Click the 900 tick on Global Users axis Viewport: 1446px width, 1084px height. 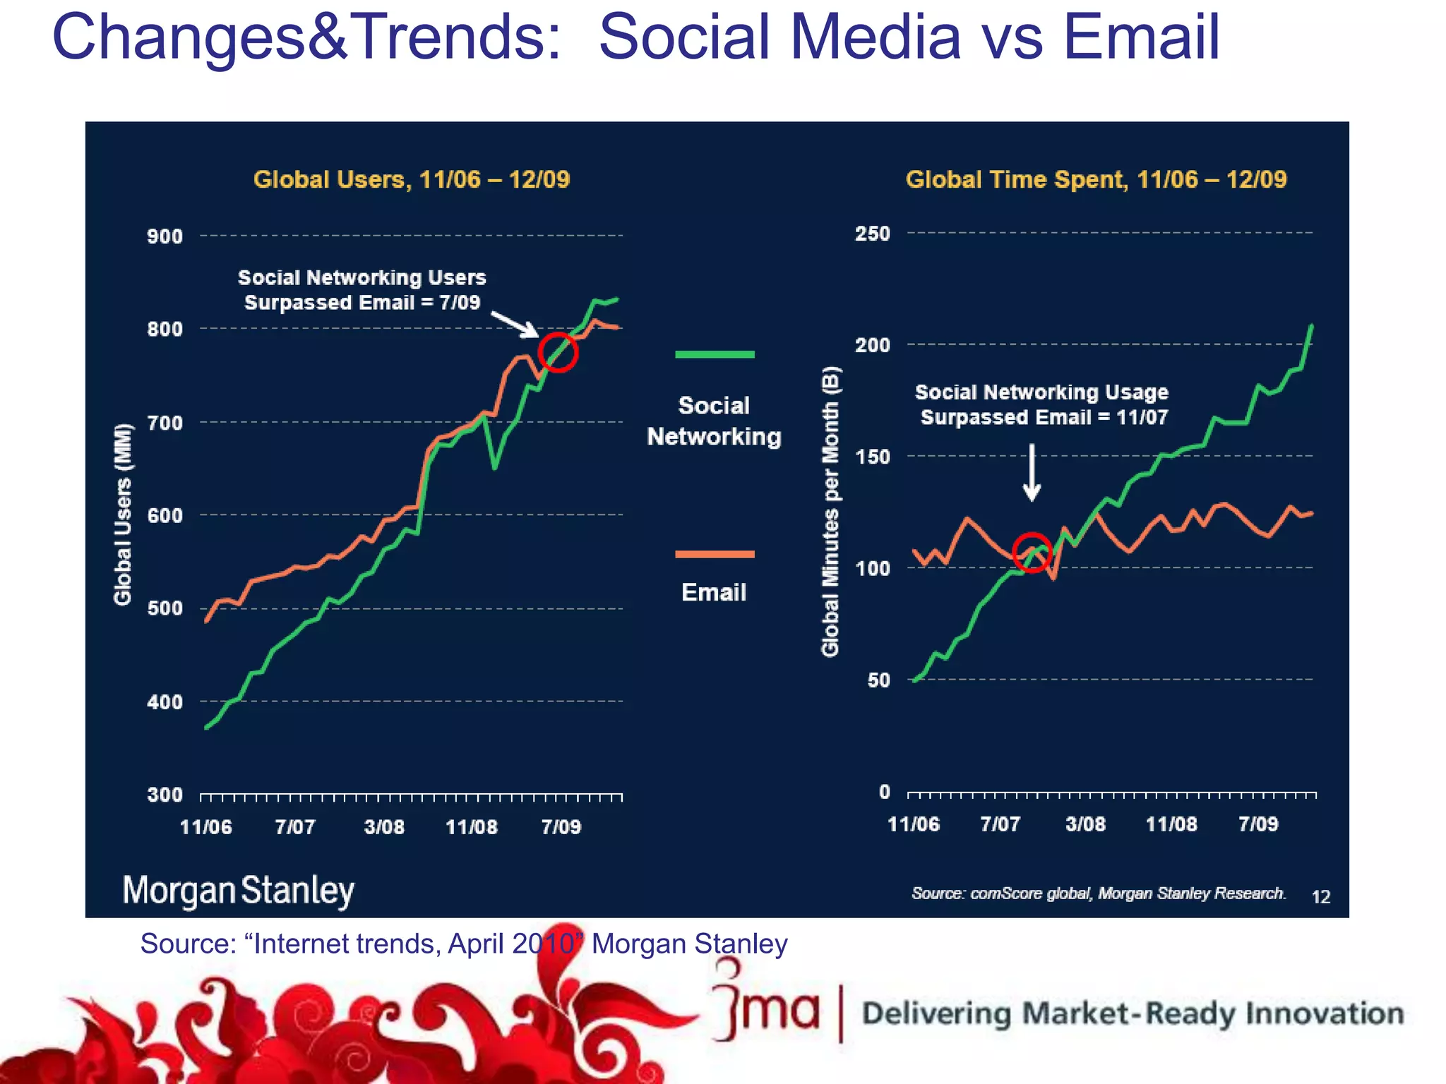click(x=165, y=236)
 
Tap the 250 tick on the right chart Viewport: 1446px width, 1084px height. click(x=872, y=234)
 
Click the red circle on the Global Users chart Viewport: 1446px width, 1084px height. click(x=558, y=351)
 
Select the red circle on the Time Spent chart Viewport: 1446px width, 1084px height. click(x=1032, y=553)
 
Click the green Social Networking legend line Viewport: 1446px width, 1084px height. click(x=714, y=354)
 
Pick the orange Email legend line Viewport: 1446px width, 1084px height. click(x=714, y=554)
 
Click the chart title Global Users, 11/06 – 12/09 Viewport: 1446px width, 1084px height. click(x=411, y=179)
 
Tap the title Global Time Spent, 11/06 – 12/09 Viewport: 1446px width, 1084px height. click(x=1096, y=179)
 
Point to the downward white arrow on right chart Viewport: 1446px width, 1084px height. click(x=1032, y=472)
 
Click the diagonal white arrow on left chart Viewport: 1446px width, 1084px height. click(x=515, y=324)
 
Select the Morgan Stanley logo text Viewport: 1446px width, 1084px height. click(x=238, y=891)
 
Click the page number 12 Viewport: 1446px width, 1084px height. click(x=1320, y=897)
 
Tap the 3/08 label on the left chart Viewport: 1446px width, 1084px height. click(x=383, y=826)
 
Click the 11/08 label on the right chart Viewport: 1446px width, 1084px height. click(x=1171, y=824)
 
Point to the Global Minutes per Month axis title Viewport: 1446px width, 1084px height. click(x=831, y=512)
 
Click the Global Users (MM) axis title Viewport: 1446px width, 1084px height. click(x=123, y=514)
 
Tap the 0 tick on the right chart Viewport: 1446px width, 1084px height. click(x=884, y=792)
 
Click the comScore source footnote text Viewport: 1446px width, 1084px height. click(x=1098, y=893)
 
